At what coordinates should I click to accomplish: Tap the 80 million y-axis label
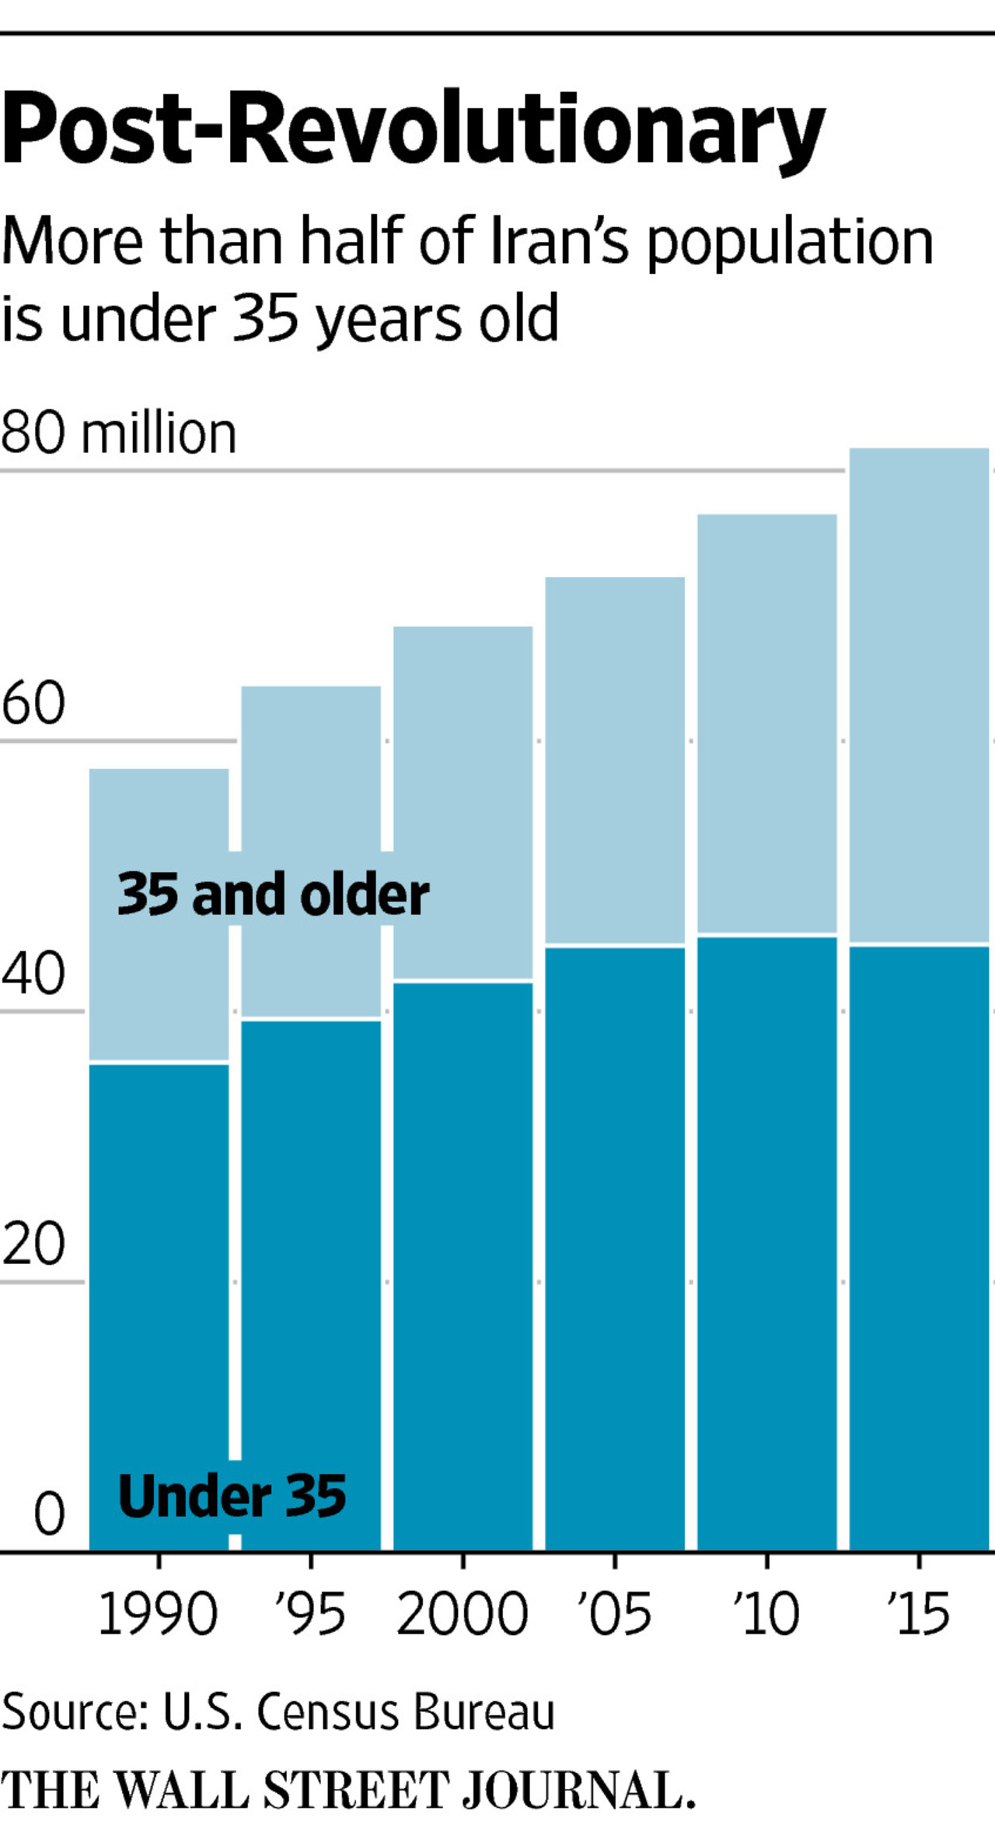point(118,433)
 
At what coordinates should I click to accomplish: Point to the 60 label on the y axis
point(33,703)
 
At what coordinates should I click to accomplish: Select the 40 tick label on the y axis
point(33,974)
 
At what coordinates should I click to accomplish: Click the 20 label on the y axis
point(33,1244)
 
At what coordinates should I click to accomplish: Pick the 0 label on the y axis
point(49,1514)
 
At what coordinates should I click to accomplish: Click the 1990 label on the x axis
point(158,1614)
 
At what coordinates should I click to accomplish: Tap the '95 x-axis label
point(310,1614)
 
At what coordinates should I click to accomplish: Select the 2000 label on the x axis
point(463,1614)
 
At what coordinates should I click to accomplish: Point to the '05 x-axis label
point(614,1614)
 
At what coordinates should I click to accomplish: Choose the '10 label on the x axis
point(766,1614)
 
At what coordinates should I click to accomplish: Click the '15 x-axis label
point(919,1614)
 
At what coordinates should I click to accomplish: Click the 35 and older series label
point(273,895)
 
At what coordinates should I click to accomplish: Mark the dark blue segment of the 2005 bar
point(615,1245)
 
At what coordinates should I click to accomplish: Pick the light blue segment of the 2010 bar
point(767,723)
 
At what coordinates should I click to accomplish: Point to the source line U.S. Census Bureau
point(278,1712)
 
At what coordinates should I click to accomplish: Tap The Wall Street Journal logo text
point(347,1790)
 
